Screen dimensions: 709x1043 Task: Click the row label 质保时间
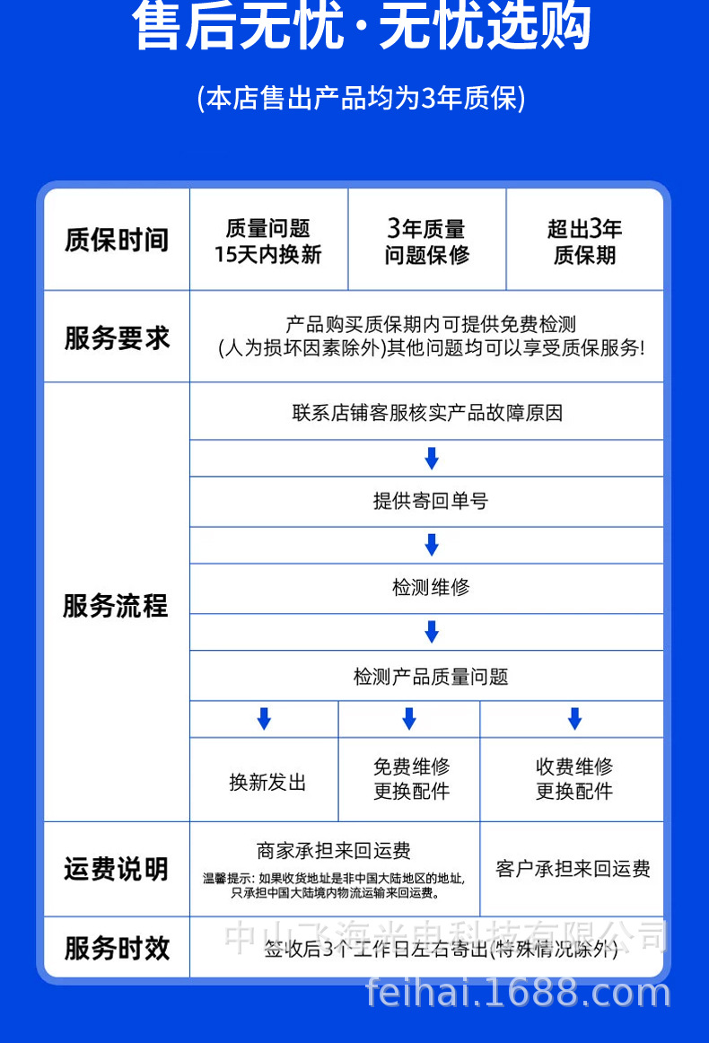[x=117, y=241]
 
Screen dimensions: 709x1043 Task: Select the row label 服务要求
[x=117, y=337]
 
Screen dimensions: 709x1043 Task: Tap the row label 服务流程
[x=116, y=606]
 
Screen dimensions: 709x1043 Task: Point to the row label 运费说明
[x=116, y=869]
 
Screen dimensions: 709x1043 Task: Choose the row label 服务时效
[x=117, y=948]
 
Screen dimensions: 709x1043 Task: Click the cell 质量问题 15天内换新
[x=267, y=241]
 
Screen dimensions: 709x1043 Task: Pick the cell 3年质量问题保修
[x=426, y=241]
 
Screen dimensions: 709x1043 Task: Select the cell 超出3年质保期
[x=584, y=241]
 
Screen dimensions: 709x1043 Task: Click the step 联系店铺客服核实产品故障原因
[x=427, y=413]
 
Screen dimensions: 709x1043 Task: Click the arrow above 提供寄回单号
[x=432, y=458]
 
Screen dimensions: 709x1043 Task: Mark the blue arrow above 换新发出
[x=264, y=718]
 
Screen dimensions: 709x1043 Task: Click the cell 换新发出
[x=267, y=782]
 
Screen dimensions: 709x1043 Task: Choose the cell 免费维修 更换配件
[x=411, y=779]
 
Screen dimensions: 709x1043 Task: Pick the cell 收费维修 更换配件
[x=574, y=779]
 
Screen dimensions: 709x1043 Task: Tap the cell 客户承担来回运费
[x=573, y=869]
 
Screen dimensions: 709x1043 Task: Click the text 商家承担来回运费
[x=334, y=850]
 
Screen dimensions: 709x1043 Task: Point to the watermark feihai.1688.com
[x=519, y=993]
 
